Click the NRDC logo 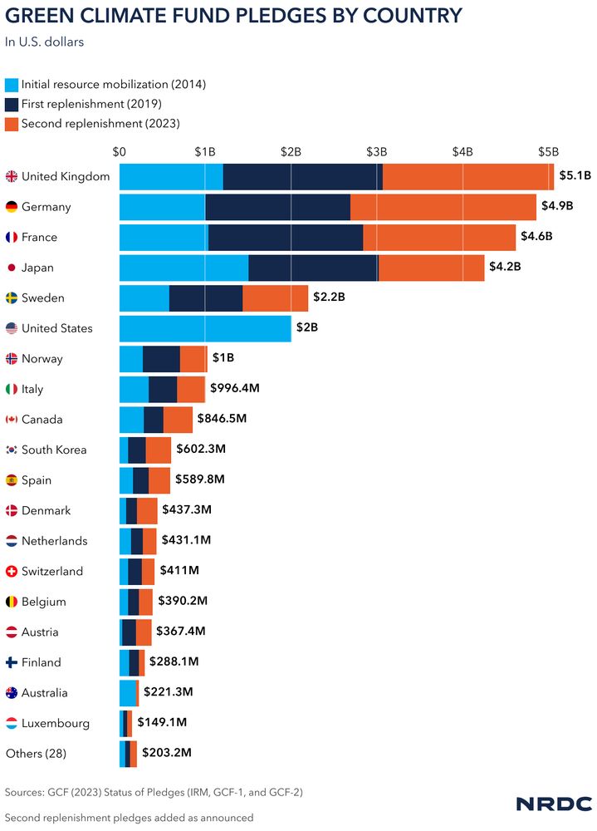(554, 804)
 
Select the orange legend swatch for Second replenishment (12, 123)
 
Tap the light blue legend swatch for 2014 (12, 85)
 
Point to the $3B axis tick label (377, 152)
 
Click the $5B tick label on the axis (547, 152)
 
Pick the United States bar (205, 328)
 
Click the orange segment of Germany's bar (443, 207)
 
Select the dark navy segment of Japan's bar (313, 268)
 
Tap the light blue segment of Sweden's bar (144, 297)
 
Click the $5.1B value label (575, 176)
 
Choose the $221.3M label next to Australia (168, 693)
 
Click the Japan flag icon (12, 268)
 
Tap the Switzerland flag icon (12, 572)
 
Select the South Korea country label (54, 450)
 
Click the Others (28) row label (36, 754)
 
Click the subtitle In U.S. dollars (45, 42)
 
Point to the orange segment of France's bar (439, 237)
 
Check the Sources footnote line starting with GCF (154, 792)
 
